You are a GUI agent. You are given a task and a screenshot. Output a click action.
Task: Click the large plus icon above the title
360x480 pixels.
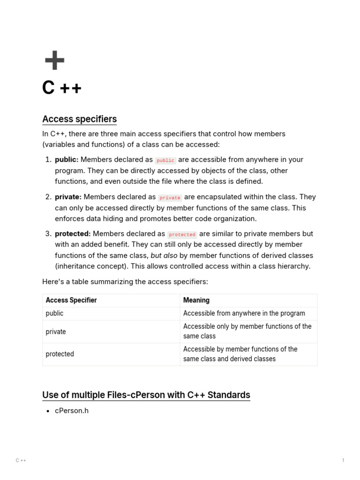(x=54, y=60)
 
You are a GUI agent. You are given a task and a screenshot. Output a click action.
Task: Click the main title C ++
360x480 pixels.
(x=61, y=88)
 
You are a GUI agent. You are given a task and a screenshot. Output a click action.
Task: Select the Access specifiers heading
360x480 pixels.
(x=79, y=119)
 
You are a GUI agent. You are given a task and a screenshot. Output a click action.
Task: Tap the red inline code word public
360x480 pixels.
(x=165, y=160)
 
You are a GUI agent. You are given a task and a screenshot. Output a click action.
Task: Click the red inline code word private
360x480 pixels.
(x=170, y=198)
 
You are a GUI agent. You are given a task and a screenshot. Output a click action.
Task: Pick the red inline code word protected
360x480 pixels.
(x=182, y=234)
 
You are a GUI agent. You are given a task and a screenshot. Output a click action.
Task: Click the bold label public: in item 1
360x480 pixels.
(x=67, y=160)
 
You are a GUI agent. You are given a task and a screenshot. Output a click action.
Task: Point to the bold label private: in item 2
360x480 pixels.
(x=68, y=197)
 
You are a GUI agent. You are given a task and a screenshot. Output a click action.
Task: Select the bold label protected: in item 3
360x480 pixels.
(x=73, y=234)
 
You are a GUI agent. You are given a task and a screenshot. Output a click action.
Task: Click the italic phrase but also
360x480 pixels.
(x=164, y=256)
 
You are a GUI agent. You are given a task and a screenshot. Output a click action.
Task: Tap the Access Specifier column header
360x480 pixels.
(x=71, y=300)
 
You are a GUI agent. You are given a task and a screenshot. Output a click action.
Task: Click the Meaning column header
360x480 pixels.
(x=196, y=300)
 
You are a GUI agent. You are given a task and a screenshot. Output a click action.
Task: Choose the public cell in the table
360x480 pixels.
(x=54, y=314)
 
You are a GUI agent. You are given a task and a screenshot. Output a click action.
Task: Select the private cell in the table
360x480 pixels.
(x=56, y=332)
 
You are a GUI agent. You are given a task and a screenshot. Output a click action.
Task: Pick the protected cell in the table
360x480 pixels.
(x=60, y=354)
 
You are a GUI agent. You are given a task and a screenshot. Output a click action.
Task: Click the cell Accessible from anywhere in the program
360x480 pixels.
(x=244, y=314)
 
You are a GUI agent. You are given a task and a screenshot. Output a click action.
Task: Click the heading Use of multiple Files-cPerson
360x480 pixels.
(x=146, y=395)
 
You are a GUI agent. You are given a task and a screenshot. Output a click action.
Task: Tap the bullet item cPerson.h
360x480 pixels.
(x=72, y=411)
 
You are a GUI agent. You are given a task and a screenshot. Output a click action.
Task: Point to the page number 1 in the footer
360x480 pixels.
(x=343, y=461)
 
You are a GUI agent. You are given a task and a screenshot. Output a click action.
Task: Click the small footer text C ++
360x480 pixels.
(x=21, y=461)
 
